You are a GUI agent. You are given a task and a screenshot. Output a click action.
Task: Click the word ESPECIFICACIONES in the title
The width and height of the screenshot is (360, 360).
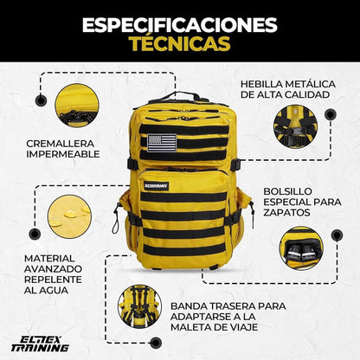pos(179,23)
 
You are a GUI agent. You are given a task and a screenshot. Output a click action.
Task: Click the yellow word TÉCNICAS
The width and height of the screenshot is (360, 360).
pos(179,43)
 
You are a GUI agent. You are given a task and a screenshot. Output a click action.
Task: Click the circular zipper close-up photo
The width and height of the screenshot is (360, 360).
pos(76,105)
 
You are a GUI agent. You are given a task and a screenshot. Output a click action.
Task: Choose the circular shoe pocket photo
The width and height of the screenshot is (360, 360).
pos(300,248)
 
